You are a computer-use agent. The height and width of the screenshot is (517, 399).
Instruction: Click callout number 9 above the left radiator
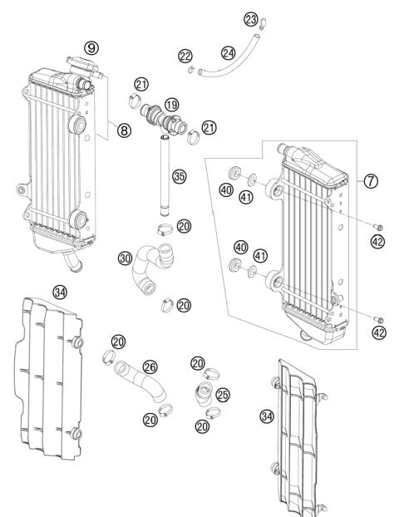pyautogui.click(x=92, y=48)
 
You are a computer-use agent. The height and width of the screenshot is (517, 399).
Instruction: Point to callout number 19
pyautogui.click(x=170, y=106)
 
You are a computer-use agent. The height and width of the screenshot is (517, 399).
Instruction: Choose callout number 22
pyautogui.click(x=185, y=56)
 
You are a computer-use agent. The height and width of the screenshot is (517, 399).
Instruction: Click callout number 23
pyautogui.click(x=251, y=19)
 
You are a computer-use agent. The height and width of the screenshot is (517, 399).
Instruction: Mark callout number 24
pyautogui.click(x=228, y=52)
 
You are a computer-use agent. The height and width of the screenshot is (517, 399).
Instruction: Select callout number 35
pyautogui.click(x=178, y=176)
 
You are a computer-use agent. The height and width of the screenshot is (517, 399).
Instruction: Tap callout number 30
pyautogui.click(x=126, y=258)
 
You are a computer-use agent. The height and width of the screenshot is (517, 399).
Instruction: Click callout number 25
pyautogui.click(x=222, y=393)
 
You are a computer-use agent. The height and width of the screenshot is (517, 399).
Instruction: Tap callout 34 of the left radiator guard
pyautogui.click(x=59, y=292)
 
